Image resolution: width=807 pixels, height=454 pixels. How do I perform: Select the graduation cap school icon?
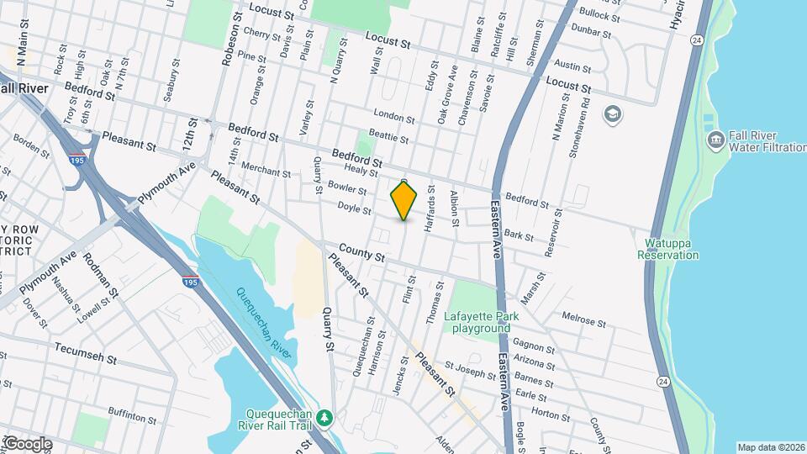(614, 113)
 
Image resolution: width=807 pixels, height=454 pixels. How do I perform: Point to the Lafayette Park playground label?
(485, 322)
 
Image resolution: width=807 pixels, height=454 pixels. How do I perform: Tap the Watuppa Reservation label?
(672, 249)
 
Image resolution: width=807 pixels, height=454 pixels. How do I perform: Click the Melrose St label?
(583, 320)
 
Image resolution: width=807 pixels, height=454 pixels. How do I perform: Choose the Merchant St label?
(266, 172)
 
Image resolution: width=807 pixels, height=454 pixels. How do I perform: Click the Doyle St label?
(354, 206)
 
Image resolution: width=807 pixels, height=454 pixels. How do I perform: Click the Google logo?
(27, 444)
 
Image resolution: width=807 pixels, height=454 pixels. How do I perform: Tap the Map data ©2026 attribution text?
(770, 447)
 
